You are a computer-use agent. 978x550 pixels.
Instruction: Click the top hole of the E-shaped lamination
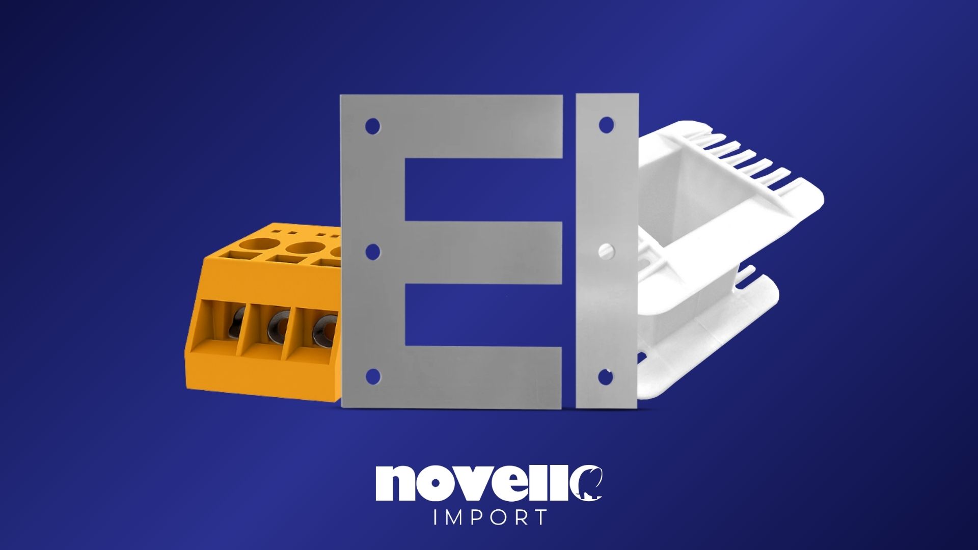coord(373,126)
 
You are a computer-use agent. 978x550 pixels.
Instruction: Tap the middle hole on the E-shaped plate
coord(373,251)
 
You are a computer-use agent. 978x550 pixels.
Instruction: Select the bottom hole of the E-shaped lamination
coord(373,376)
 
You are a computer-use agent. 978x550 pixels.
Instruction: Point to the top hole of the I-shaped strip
coord(606,125)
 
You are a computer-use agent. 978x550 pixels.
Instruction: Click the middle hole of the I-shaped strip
coord(606,251)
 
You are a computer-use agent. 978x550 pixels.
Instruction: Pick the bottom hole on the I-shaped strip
coord(605,377)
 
